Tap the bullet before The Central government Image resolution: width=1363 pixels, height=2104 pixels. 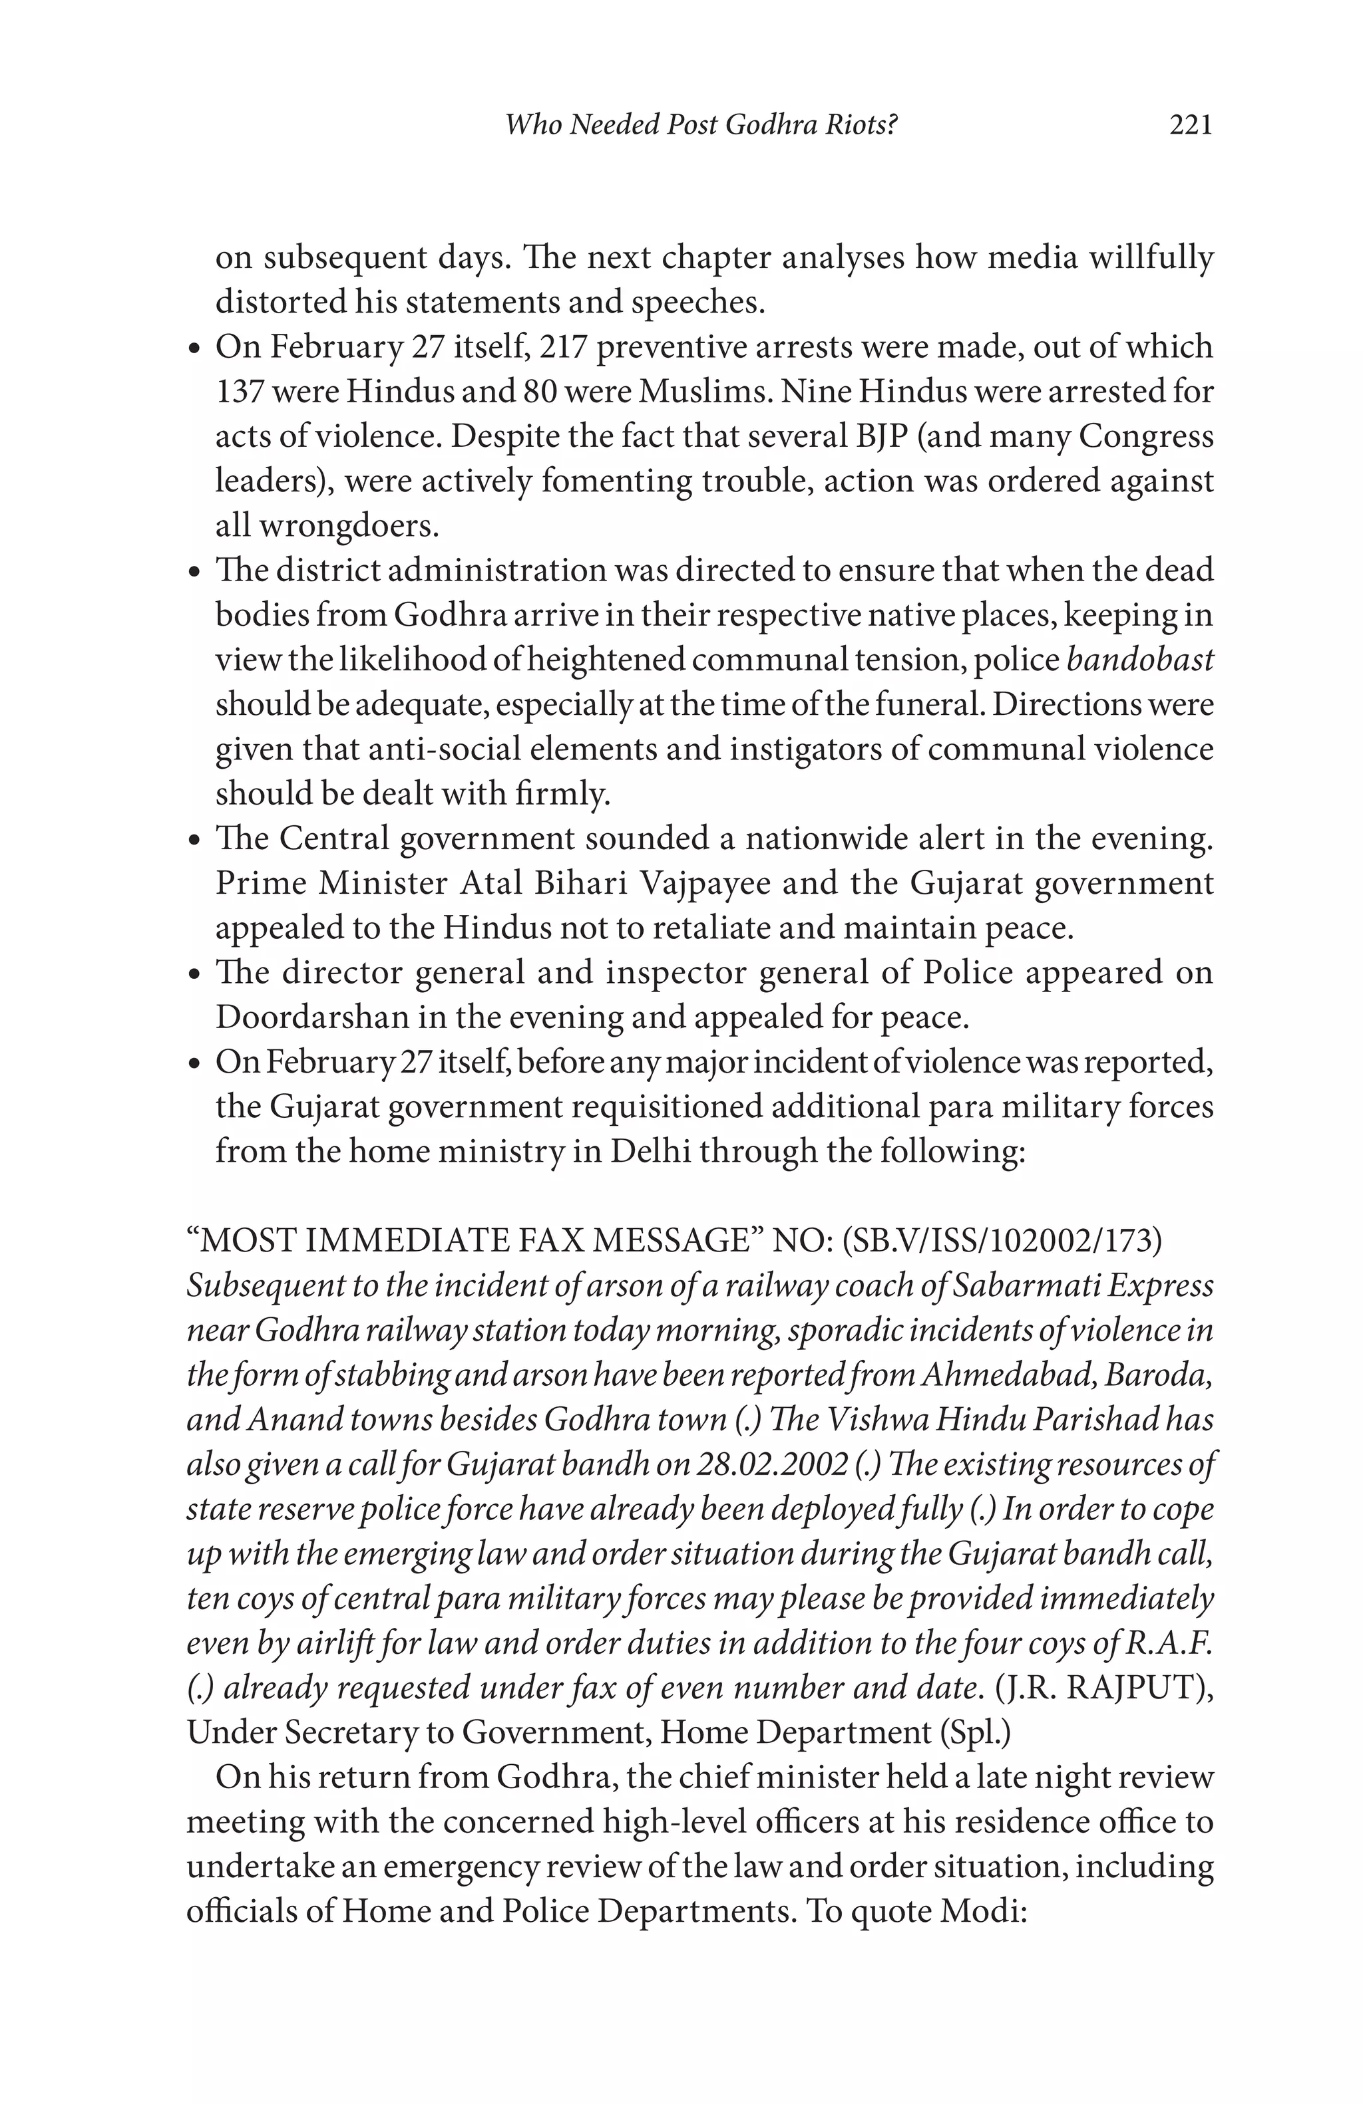click(x=196, y=840)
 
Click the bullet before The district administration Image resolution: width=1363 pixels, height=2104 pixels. click(x=196, y=572)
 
